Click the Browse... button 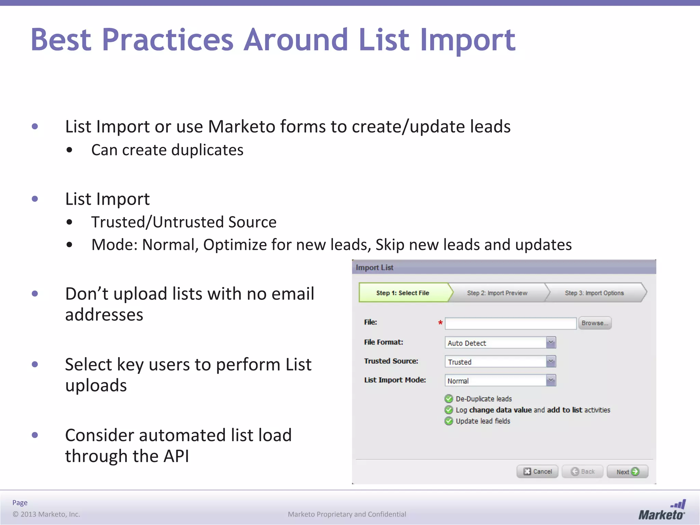[x=595, y=323]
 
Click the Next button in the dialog [x=627, y=472]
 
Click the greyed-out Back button [x=583, y=472]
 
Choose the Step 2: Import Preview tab [x=497, y=293]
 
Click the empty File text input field [x=510, y=323]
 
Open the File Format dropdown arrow [x=551, y=342]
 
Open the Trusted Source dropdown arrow [x=551, y=361]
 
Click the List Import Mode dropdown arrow [x=551, y=380]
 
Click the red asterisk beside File [x=440, y=323]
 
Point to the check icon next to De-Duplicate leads [x=449, y=399]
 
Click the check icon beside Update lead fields [x=449, y=421]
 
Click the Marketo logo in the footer [x=662, y=511]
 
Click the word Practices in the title [x=167, y=40]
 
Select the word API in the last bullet [x=176, y=456]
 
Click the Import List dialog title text [x=374, y=267]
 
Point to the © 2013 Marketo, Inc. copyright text [x=46, y=514]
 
